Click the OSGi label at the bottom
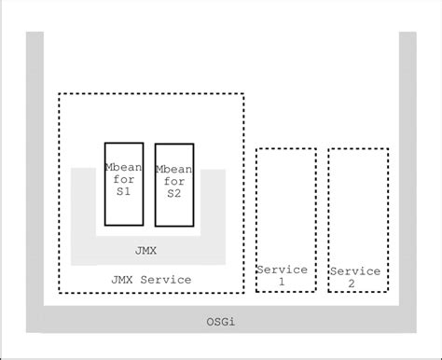pyautogui.click(x=220, y=322)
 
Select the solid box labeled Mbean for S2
pyautogui.click(x=174, y=185)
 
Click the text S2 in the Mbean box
pyautogui.click(x=174, y=193)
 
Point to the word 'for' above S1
pyautogui.click(x=123, y=174)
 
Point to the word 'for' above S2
pyautogui.click(x=174, y=181)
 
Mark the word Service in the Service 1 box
pyautogui.click(x=282, y=270)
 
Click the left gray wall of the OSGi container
pyautogui.click(x=35, y=168)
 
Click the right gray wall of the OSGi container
pyautogui.click(x=407, y=168)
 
